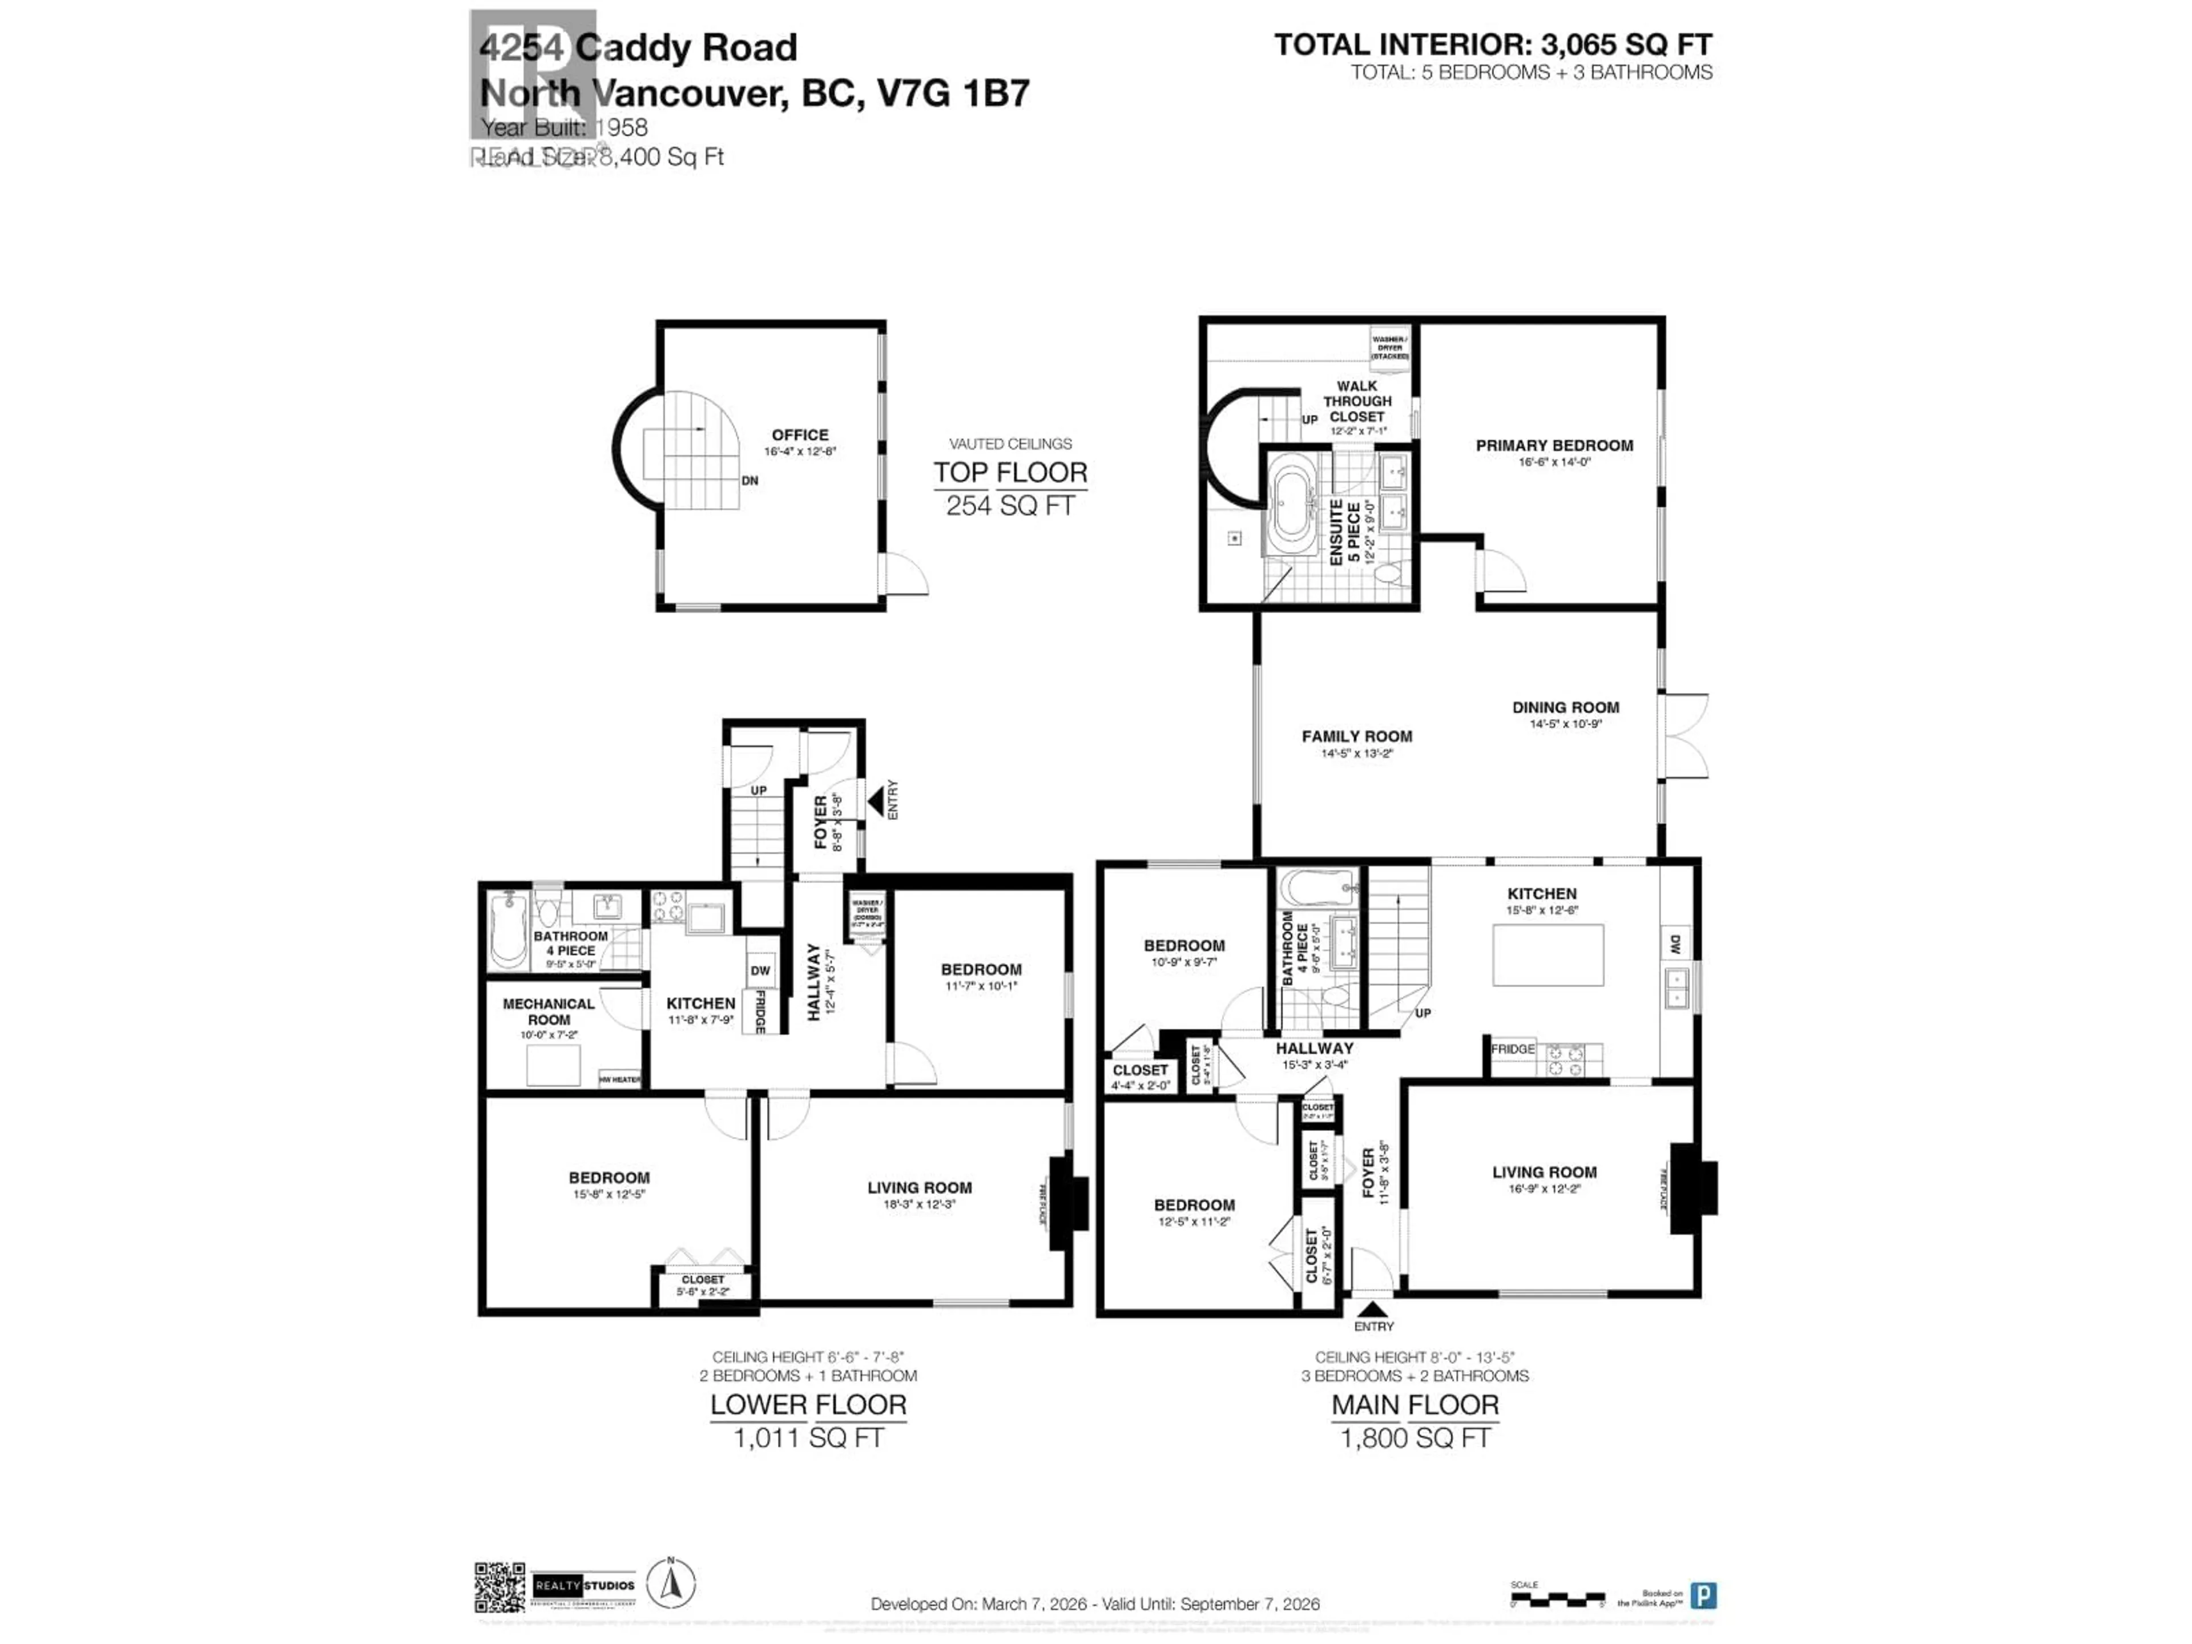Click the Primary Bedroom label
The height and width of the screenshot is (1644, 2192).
pyautogui.click(x=1554, y=446)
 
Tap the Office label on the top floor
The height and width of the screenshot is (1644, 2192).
pyautogui.click(x=800, y=435)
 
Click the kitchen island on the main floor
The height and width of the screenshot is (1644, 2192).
pyautogui.click(x=1548, y=954)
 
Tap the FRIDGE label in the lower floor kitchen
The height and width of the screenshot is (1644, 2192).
pyautogui.click(x=761, y=1012)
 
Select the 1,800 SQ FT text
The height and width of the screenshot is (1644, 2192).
pyautogui.click(x=1415, y=1438)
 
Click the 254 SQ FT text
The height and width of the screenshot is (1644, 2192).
pyautogui.click(x=1010, y=505)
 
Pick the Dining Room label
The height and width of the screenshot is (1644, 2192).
pyautogui.click(x=1566, y=707)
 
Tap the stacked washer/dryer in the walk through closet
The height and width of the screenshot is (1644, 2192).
pyautogui.click(x=1389, y=348)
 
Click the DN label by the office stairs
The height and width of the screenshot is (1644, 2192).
pyautogui.click(x=750, y=481)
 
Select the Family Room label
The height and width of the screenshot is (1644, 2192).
pyautogui.click(x=1357, y=736)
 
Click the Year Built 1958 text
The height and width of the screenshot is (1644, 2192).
pyautogui.click(x=565, y=128)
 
